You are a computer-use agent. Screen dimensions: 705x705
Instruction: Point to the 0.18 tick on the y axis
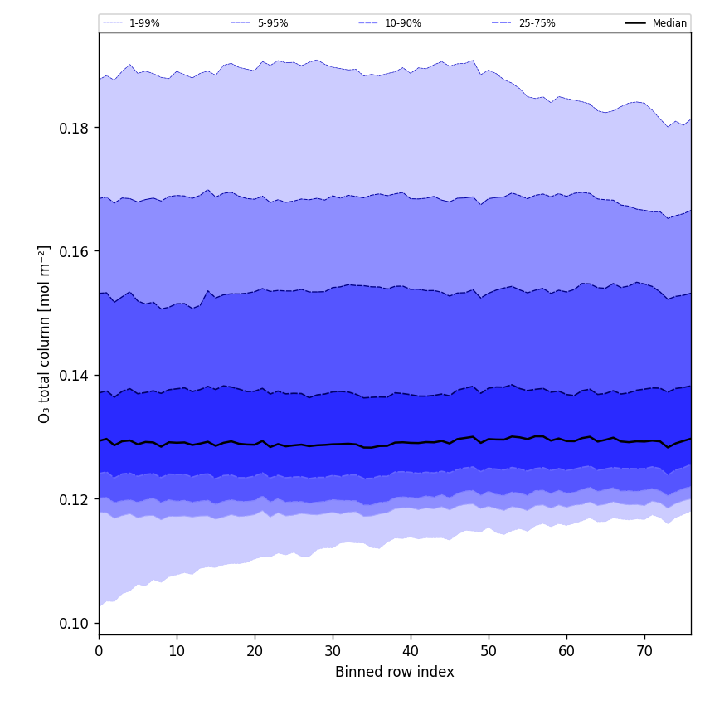pyautogui.click(x=75, y=128)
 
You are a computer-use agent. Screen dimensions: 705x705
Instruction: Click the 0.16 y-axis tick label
pyautogui.click(x=75, y=251)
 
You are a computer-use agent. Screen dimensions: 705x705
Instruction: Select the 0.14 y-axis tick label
pyautogui.click(x=75, y=376)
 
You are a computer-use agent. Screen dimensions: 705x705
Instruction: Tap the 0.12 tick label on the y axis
pyautogui.click(x=75, y=499)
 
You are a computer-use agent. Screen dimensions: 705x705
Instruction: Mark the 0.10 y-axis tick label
pyautogui.click(x=75, y=624)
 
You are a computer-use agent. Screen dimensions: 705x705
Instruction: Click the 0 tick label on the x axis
pyautogui.click(x=99, y=652)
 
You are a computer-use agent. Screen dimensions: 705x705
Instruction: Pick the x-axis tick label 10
pyautogui.click(x=177, y=652)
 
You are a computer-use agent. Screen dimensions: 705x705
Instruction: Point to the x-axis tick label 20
pyautogui.click(x=255, y=652)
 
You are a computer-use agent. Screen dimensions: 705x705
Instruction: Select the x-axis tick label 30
pyautogui.click(x=333, y=652)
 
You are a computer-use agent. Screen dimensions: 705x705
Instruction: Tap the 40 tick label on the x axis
pyautogui.click(x=411, y=652)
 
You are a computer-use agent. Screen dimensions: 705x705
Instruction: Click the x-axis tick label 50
pyautogui.click(x=489, y=652)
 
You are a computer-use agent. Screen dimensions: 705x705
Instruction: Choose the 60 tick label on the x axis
pyautogui.click(x=566, y=652)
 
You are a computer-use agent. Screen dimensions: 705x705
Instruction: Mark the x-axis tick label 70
pyautogui.click(x=644, y=652)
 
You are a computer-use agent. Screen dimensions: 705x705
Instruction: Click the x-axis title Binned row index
pyautogui.click(x=395, y=673)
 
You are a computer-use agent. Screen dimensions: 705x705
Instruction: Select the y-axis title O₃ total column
pyautogui.click(x=45, y=333)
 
